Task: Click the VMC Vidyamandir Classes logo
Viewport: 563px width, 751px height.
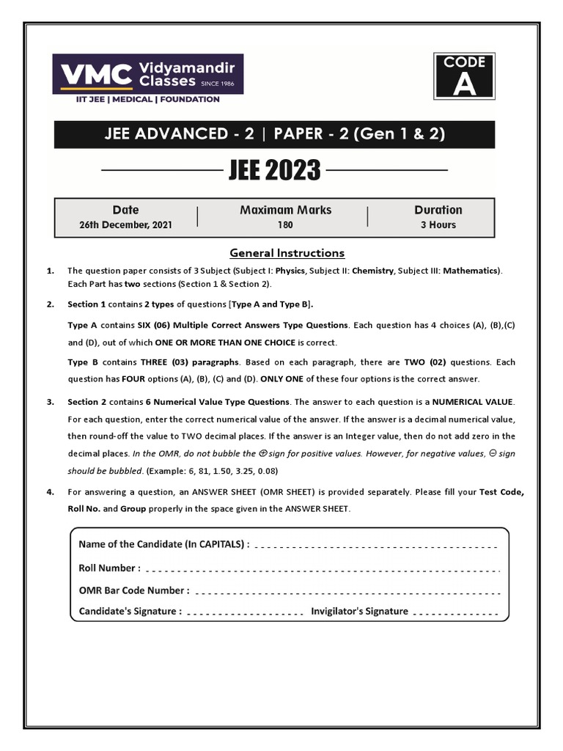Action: pyautogui.click(x=147, y=74)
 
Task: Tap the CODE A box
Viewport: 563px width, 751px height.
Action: pyautogui.click(x=464, y=76)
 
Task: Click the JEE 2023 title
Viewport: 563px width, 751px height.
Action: pyautogui.click(x=274, y=170)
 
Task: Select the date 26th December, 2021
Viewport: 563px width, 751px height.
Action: pyautogui.click(x=125, y=225)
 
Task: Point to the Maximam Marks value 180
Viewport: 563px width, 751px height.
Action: pyautogui.click(x=285, y=225)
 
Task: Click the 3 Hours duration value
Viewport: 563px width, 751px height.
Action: pyautogui.click(x=438, y=225)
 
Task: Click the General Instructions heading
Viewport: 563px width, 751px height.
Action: pyautogui.click(x=287, y=253)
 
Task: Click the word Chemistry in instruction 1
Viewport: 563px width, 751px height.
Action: pyautogui.click(x=372, y=271)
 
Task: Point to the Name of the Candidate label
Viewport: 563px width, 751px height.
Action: pyautogui.click(x=163, y=544)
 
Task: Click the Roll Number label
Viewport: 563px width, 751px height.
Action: pyautogui.click(x=109, y=568)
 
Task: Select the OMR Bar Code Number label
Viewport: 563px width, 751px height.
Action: pyautogui.click(x=133, y=590)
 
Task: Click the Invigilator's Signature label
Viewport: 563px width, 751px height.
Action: pyautogui.click(x=359, y=611)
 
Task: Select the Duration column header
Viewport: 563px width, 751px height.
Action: pyautogui.click(x=438, y=210)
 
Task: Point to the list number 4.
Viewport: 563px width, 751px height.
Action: pyautogui.click(x=51, y=492)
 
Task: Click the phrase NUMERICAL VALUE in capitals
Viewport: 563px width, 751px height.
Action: pyautogui.click(x=474, y=402)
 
